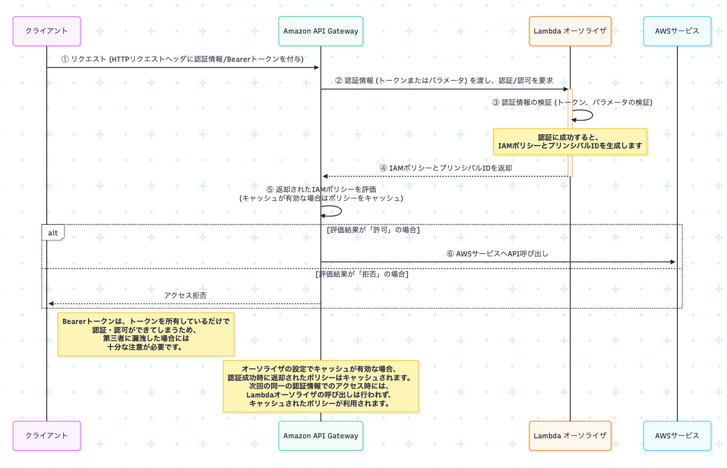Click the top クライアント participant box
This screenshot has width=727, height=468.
[x=47, y=31]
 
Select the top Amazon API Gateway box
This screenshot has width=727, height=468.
[x=321, y=31]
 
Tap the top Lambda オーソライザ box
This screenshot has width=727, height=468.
[x=570, y=31]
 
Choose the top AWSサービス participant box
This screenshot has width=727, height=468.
[x=677, y=31]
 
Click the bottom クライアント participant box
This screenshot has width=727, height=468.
[x=47, y=436]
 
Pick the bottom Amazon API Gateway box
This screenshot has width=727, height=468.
[x=321, y=436]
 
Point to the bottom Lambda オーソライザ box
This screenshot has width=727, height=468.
[x=570, y=436]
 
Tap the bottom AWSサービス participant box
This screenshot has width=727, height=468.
[x=677, y=436]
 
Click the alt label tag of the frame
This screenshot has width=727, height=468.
[x=53, y=233]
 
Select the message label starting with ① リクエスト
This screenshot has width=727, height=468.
[x=182, y=59]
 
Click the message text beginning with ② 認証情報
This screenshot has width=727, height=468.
[x=444, y=81]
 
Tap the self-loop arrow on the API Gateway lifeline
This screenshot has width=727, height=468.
[x=333, y=212]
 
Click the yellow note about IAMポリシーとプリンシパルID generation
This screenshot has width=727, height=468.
[x=570, y=142]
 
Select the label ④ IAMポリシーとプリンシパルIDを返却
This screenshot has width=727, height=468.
[x=446, y=168]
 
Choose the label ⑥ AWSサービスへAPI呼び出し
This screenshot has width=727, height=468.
[x=497, y=254]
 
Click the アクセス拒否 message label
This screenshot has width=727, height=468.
[x=185, y=296]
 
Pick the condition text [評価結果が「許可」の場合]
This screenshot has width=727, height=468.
[x=373, y=230]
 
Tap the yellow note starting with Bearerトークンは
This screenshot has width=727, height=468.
[x=146, y=334]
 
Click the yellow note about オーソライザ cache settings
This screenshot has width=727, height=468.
[x=321, y=386]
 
